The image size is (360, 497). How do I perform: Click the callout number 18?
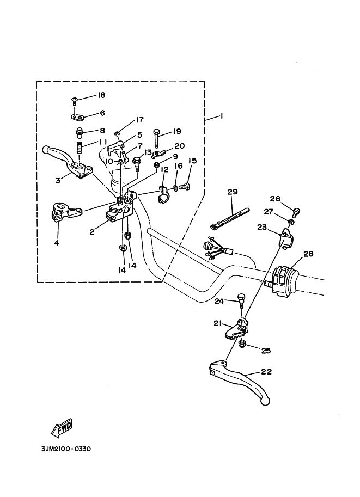[101, 95]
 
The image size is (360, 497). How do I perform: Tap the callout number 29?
[233, 192]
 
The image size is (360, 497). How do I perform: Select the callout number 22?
[266, 372]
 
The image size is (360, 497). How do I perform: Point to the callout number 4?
[57, 243]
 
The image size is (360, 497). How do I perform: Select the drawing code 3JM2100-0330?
[65, 449]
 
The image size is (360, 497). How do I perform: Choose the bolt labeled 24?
[241, 301]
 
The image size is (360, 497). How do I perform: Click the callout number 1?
[221, 116]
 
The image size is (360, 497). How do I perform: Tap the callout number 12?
[163, 170]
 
